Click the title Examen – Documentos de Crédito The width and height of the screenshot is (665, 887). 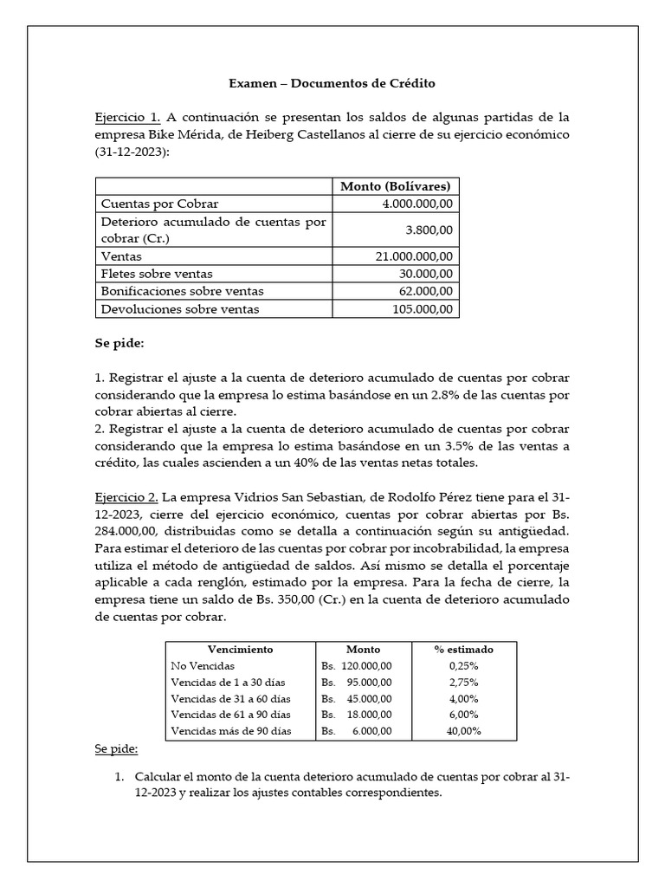332,84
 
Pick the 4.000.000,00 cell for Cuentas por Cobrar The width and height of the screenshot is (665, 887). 422,204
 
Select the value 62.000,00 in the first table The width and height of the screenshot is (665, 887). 429,291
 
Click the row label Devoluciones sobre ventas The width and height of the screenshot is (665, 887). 180,309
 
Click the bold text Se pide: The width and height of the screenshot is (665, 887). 119,344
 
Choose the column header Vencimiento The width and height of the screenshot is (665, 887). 240,649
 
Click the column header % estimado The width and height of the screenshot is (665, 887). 463,649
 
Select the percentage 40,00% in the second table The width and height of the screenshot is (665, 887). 463,731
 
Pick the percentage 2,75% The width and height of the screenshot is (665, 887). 463,682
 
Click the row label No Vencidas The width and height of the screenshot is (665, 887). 201,665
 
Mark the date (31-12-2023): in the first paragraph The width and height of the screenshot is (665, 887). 132,152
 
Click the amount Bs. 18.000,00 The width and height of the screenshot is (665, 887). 357,715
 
